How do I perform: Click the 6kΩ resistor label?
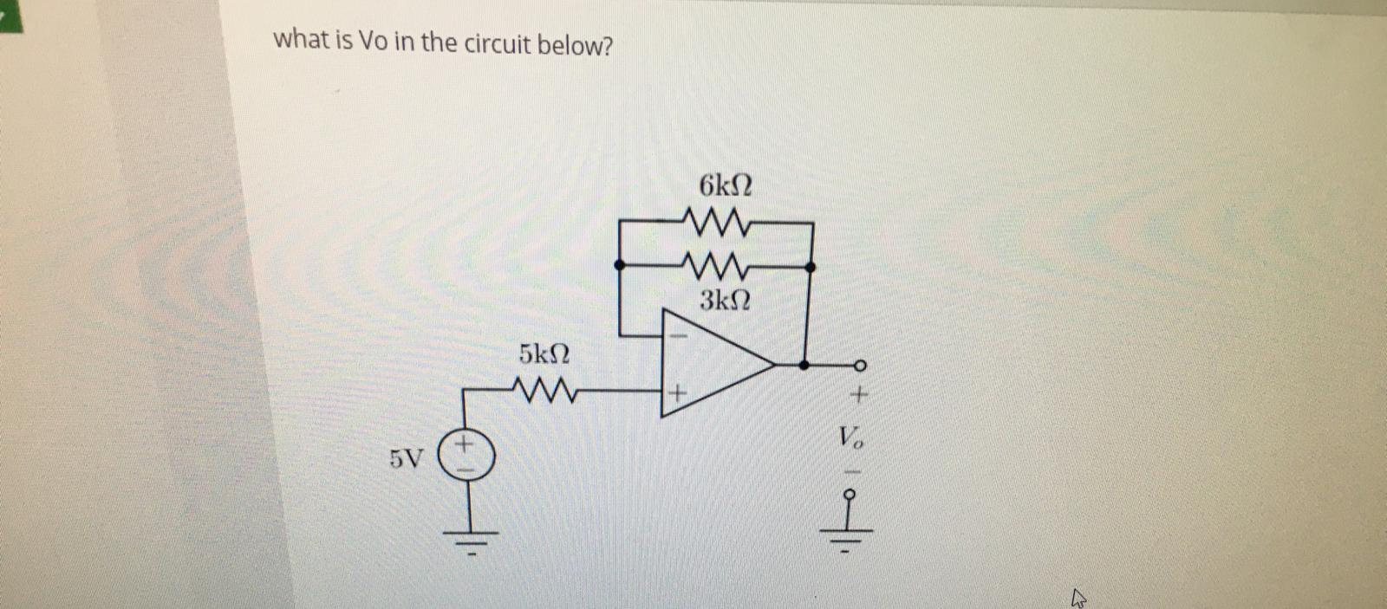pyautogui.click(x=725, y=185)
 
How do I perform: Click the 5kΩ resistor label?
pyautogui.click(x=544, y=353)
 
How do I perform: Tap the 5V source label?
pyautogui.click(x=407, y=459)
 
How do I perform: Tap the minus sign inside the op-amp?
pyautogui.click(x=679, y=334)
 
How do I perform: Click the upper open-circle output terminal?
pyautogui.click(x=860, y=365)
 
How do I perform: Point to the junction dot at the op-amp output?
pyautogui.click(x=804, y=365)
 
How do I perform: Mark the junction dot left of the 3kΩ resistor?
pyautogui.click(x=619, y=264)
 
